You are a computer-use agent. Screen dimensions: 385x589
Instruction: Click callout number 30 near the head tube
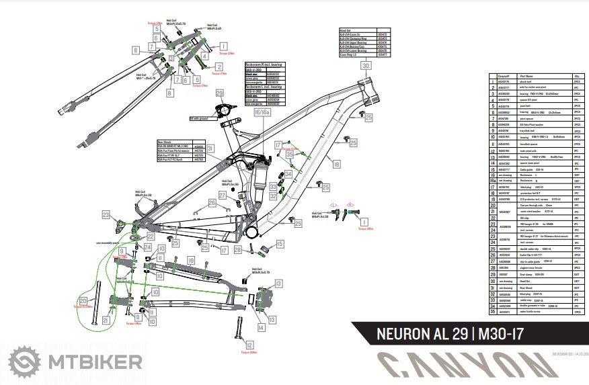pyautogui.click(x=365, y=67)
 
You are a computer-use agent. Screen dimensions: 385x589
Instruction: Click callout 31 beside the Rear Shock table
pyautogui.click(x=210, y=148)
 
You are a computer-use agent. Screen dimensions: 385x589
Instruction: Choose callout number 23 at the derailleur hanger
pyautogui.click(x=106, y=215)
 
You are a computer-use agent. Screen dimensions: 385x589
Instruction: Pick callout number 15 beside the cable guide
pyautogui.click(x=280, y=244)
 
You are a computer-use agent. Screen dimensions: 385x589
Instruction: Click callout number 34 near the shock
pyautogui.click(x=288, y=173)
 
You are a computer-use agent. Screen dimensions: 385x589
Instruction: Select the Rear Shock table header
pyautogui.click(x=165, y=142)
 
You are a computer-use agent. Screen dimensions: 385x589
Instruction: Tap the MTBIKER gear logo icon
pyautogui.click(x=23, y=363)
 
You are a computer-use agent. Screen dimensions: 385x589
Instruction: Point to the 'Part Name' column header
pyautogui.click(x=524, y=77)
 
